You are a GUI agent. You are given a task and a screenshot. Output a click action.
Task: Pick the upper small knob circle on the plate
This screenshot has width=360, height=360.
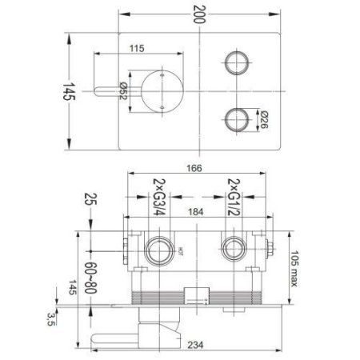coord(234,62)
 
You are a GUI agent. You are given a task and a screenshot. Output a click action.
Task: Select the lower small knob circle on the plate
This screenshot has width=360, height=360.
coord(234,120)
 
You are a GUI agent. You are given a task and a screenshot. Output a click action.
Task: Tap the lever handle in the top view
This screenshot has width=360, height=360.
coord(112,91)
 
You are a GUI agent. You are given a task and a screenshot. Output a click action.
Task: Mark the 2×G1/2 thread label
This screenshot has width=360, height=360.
coord(235,193)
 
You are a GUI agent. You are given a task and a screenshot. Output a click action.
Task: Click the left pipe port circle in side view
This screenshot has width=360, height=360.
coord(158,250)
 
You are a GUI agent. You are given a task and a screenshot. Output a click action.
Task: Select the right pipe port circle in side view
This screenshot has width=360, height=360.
coord(234,250)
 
